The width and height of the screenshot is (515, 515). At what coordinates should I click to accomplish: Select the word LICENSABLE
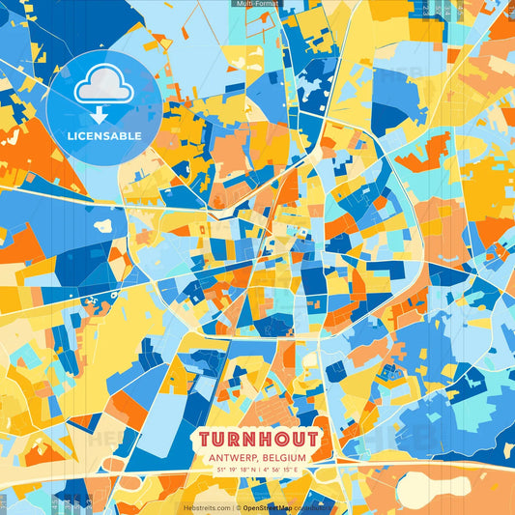pos(103,136)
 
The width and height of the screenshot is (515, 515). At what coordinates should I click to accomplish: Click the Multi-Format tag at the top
pos(257,4)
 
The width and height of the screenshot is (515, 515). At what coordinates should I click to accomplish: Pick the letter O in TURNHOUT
pos(278,439)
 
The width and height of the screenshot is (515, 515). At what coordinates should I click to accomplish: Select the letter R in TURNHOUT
pos(238,439)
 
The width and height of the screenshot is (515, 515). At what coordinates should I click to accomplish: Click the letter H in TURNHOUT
pos(265,439)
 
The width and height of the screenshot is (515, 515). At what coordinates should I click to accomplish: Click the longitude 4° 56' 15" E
pos(284,470)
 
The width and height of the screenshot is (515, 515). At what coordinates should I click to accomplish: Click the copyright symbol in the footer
pos(238,507)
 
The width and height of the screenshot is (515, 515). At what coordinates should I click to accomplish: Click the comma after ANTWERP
pos(254,460)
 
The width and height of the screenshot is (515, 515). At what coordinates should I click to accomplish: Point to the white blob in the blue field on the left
pos(103,226)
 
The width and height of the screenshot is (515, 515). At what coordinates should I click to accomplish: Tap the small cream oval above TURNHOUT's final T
pos(309,361)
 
